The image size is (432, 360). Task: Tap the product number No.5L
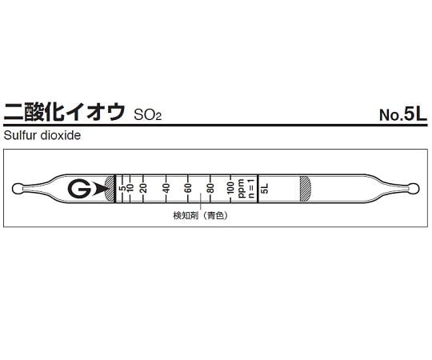click(404, 114)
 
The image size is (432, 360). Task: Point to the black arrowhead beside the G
click(100, 189)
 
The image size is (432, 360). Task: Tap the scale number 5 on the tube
click(122, 189)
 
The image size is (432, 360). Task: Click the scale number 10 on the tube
click(131, 189)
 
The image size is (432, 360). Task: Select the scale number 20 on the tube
click(144, 189)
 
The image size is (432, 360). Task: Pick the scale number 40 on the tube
click(166, 189)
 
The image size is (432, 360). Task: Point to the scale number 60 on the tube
click(189, 189)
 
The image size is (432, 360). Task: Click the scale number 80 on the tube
click(211, 189)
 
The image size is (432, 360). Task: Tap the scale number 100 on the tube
click(231, 189)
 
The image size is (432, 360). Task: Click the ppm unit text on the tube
click(241, 189)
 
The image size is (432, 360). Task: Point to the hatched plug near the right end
click(305, 189)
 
